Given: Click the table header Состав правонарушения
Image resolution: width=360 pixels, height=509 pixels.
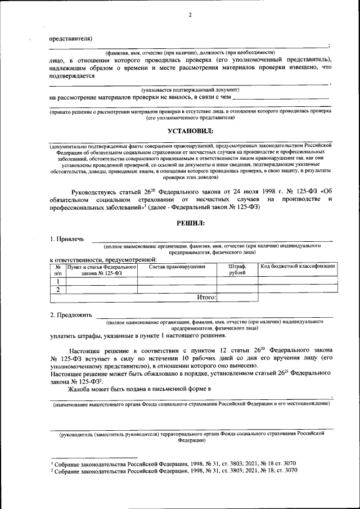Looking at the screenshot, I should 177,266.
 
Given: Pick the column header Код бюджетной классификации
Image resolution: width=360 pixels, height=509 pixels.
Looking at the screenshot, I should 298,266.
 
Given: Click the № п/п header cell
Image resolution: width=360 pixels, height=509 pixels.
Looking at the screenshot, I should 58,269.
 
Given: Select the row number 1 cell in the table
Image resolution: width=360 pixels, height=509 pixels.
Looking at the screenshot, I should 58,281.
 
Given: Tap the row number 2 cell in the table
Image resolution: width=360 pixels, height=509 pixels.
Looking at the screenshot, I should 58,290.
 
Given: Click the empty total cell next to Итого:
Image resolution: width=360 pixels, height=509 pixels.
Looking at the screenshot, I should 237,298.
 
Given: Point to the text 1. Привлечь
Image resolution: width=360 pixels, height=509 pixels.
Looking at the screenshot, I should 67,239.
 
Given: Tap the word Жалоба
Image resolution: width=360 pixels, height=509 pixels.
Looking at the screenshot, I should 81,389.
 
